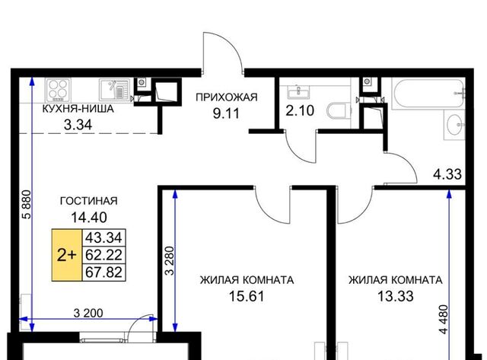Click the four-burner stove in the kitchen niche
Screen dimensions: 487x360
click(58, 90)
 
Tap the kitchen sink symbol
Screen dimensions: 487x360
click(114, 90)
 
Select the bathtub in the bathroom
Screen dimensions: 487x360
click(428, 93)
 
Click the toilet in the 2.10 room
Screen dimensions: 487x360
click(338, 110)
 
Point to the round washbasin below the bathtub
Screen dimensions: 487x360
click(455, 125)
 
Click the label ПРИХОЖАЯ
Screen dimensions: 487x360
click(227, 97)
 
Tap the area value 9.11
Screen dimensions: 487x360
click(227, 113)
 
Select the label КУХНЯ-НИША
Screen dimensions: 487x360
click(78, 109)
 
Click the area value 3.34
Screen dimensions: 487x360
click(78, 125)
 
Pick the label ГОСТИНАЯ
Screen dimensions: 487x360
click(89, 201)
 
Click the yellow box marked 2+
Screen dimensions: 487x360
click(66, 255)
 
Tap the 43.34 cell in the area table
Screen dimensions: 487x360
click(103, 238)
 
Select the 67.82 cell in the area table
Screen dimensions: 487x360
click(103, 272)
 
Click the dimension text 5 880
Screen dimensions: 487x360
click(27, 205)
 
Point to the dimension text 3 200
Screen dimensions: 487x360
click(88, 313)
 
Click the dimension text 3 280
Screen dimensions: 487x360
click(170, 261)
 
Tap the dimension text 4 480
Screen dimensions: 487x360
click(444, 320)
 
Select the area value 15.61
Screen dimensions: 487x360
click(247, 296)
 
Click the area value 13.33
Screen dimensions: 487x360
click(396, 296)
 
